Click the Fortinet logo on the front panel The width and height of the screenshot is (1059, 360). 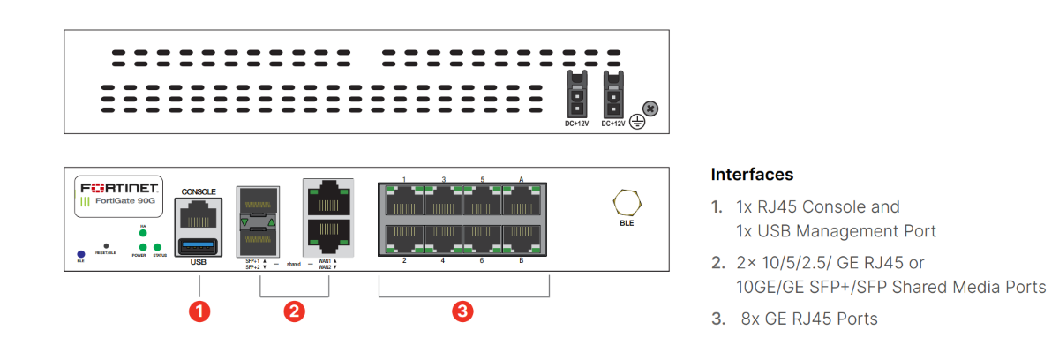(119, 188)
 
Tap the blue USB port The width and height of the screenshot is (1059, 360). (198, 245)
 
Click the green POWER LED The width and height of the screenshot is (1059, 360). (139, 247)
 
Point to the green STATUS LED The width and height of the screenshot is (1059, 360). (158, 247)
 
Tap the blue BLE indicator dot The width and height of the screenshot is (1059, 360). (80, 253)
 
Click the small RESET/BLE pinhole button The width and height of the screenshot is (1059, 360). (106, 246)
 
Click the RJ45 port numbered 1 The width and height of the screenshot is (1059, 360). (403, 203)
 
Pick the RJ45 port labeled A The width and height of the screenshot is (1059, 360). (522, 203)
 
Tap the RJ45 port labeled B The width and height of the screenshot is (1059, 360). (522, 238)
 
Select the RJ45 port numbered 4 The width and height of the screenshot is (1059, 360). (443, 238)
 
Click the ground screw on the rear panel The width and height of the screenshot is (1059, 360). (650, 109)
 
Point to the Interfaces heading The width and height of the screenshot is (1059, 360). (752, 174)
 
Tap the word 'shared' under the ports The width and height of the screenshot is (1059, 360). (295, 264)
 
